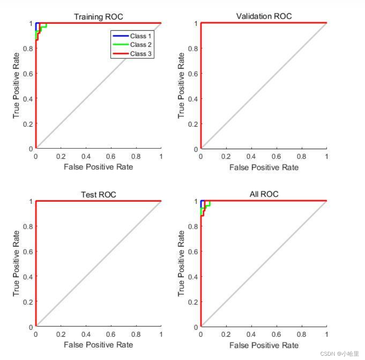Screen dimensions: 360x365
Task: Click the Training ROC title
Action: point(98,17)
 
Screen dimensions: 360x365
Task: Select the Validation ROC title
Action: point(264,16)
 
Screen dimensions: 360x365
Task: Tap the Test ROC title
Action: point(98,195)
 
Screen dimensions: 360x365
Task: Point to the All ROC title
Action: point(264,194)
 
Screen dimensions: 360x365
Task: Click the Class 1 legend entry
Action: point(138,36)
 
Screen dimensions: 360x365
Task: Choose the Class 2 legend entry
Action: point(138,45)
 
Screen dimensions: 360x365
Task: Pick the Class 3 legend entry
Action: point(138,54)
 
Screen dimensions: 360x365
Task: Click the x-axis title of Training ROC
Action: point(98,167)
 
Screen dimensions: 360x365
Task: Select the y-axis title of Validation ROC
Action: point(181,85)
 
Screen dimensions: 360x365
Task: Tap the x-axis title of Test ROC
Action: point(98,344)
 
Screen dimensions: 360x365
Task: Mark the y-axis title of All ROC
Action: point(181,263)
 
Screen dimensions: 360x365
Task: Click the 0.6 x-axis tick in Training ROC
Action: point(111,156)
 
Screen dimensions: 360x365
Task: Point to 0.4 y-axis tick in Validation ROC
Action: point(193,99)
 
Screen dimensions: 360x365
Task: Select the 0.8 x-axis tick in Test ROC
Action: point(136,334)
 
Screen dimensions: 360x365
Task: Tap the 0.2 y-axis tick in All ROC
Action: point(193,301)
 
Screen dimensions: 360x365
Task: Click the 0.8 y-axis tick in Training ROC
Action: point(28,48)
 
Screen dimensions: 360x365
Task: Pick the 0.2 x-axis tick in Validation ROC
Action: point(226,156)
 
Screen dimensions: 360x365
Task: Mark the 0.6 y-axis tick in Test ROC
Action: point(28,251)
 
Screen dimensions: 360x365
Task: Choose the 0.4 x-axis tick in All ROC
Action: point(251,334)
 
